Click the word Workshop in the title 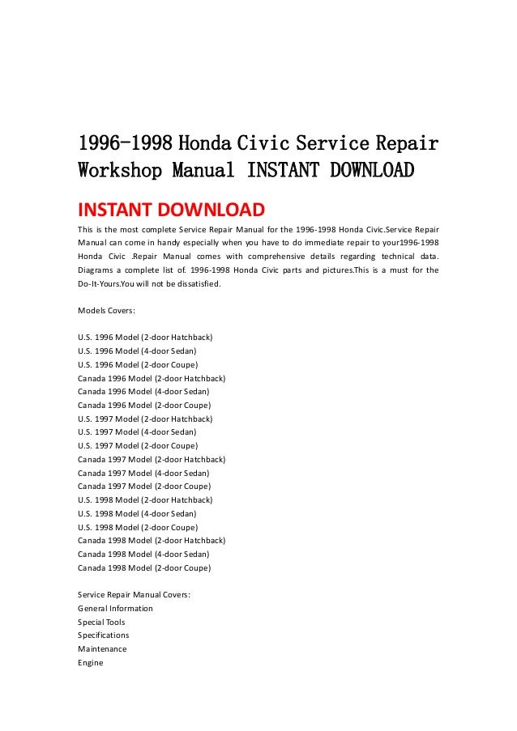click(119, 172)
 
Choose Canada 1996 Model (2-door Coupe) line click(143, 405)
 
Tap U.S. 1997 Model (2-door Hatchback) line click(145, 419)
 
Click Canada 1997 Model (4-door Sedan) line click(143, 473)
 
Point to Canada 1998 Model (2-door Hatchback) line click(152, 540)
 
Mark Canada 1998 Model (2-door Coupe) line click(143, 567)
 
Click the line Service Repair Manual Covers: click(135, 595)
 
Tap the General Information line click(115, 608)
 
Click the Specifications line click(103, 635)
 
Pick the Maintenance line click(102, 649)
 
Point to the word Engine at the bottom click(90, 663)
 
